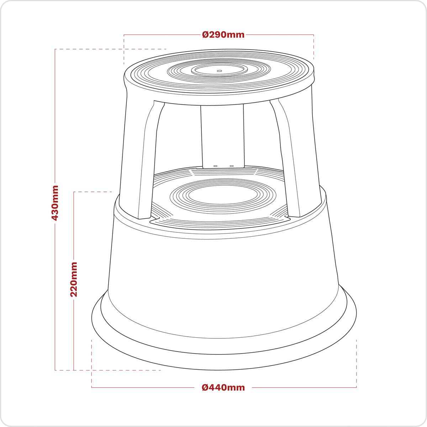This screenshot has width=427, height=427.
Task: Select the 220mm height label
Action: (74, 279)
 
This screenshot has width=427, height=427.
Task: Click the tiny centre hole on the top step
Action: (219, 70)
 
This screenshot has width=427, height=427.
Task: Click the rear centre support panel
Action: (222, 135)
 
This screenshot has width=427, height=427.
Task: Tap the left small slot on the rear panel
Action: (215, 165)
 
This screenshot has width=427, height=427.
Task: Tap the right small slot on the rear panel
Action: (231, 165)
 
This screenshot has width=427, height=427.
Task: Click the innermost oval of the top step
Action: (219, 70)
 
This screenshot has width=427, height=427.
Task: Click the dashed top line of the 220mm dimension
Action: (93, 192)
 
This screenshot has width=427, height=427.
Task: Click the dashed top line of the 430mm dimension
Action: (110, 49)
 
